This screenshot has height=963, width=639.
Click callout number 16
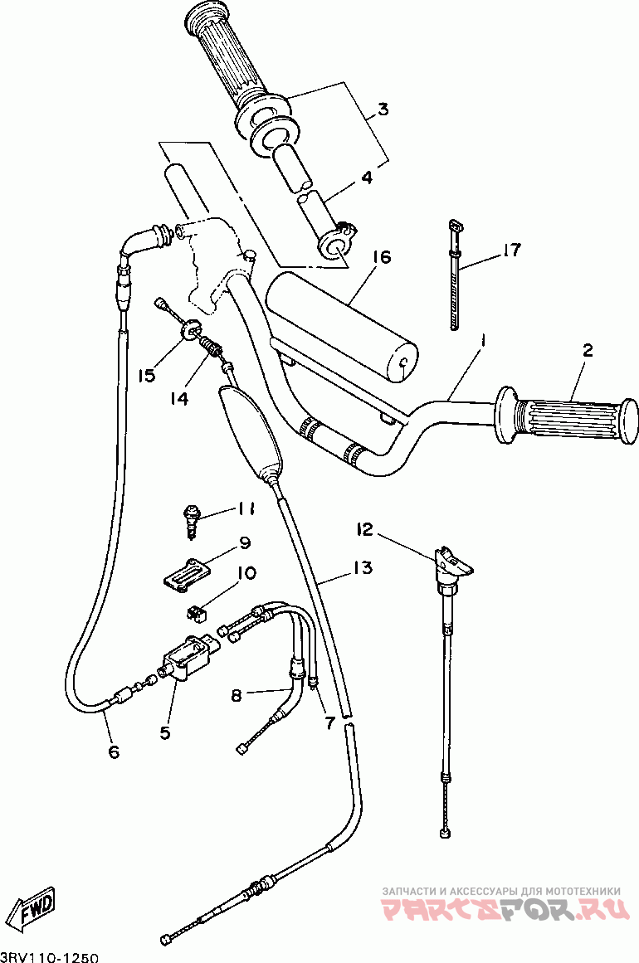point(380,258)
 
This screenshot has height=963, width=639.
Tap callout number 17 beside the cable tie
point(511,250)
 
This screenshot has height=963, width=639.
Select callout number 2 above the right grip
point(587,351)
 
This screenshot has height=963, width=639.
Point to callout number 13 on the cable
point(362,568)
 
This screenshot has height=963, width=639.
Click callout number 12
point(365,528)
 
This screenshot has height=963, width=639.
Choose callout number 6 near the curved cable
point(114,752)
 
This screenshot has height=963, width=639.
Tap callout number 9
point(245,543)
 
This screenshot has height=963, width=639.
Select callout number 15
point(147,376)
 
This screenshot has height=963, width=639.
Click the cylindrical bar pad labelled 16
point(342,325)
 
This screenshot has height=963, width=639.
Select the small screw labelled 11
point(192,518)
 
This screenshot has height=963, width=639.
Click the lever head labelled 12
point(452,562)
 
